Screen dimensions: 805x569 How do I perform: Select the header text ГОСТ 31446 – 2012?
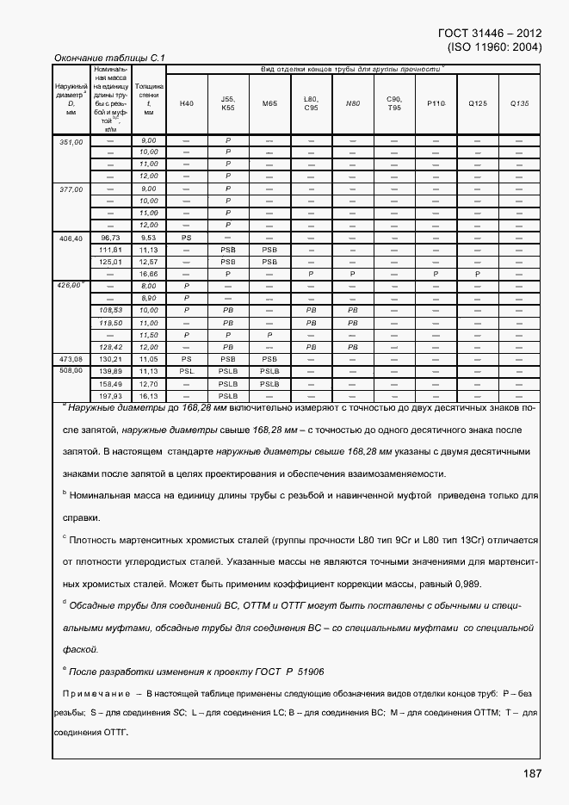pyautogui.click(x=489, y=34)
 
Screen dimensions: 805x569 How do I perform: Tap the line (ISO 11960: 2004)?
pyautogui.click(x=494, y=47)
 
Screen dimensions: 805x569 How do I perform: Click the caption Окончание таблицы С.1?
pyautogui.click(x=108, y=58)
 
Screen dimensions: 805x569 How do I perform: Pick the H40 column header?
pyautogui.click(x=187, y=103)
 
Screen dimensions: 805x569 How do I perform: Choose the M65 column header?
pyautogui.click(x=269, y=103)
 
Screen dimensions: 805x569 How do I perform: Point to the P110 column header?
pyautogui.click(x=436, y=103)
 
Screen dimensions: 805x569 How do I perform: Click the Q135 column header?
pyautogui.click(x=519, y=103)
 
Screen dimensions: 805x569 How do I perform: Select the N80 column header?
pyautogui.click(x=352, y=103)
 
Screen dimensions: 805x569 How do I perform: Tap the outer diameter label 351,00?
pyautogui.click(x=71, y=140)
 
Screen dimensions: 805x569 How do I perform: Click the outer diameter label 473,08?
pyautogui.click(x=71, y=358)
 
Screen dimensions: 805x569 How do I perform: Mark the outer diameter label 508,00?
pyautogui.click(x=71, y=370)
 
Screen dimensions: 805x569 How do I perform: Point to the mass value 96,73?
pyautogui.click(x=110, y=237)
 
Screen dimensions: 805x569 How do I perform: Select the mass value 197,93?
pyautogui.click(x=110, y=395)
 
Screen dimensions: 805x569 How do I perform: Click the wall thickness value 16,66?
pyautogui.click(x=148, y=274)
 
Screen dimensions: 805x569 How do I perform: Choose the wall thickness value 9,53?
pyautogui.click(x=148, y=237)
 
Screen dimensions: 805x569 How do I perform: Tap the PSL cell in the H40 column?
pyautogui.click(x=187, y=371)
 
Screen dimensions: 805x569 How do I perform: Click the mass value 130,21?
pyautogui.click(x=110, y=358)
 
